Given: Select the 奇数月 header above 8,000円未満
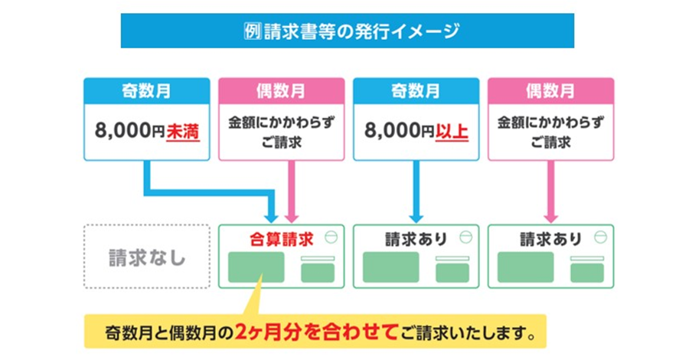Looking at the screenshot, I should (x=146, y=91).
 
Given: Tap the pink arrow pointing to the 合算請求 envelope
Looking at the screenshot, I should (x=290, y=191).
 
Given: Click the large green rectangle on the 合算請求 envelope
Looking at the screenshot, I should (x=256, y=267).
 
